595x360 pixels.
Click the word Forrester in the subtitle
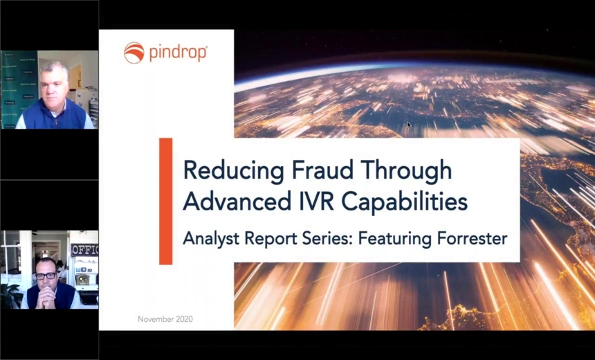point(472,239)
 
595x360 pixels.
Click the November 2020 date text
point(165,319)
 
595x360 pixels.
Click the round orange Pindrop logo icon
point(134,53)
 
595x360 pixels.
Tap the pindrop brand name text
point(178,53)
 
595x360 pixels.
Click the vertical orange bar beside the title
point(166,201)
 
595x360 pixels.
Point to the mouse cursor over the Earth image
point(409,125)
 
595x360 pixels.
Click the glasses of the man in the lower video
point(46,276)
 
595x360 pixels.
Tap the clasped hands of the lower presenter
point(46,298)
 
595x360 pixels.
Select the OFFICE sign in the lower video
point(84,250)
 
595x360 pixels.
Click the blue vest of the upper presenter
point(53,116)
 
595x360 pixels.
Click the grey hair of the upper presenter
point(54,69)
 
